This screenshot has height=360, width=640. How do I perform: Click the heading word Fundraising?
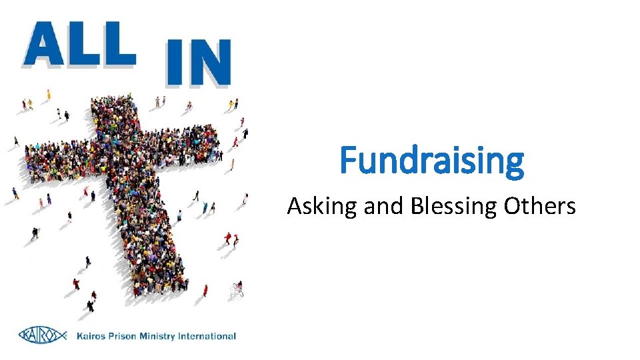click(432, 161)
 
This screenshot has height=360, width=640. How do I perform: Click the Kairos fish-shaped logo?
click(43, 335)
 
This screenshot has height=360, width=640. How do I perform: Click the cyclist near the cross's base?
click(237, 290)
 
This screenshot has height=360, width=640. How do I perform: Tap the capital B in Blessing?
click(417, 206)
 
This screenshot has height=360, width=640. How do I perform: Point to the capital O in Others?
click(513, 206)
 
